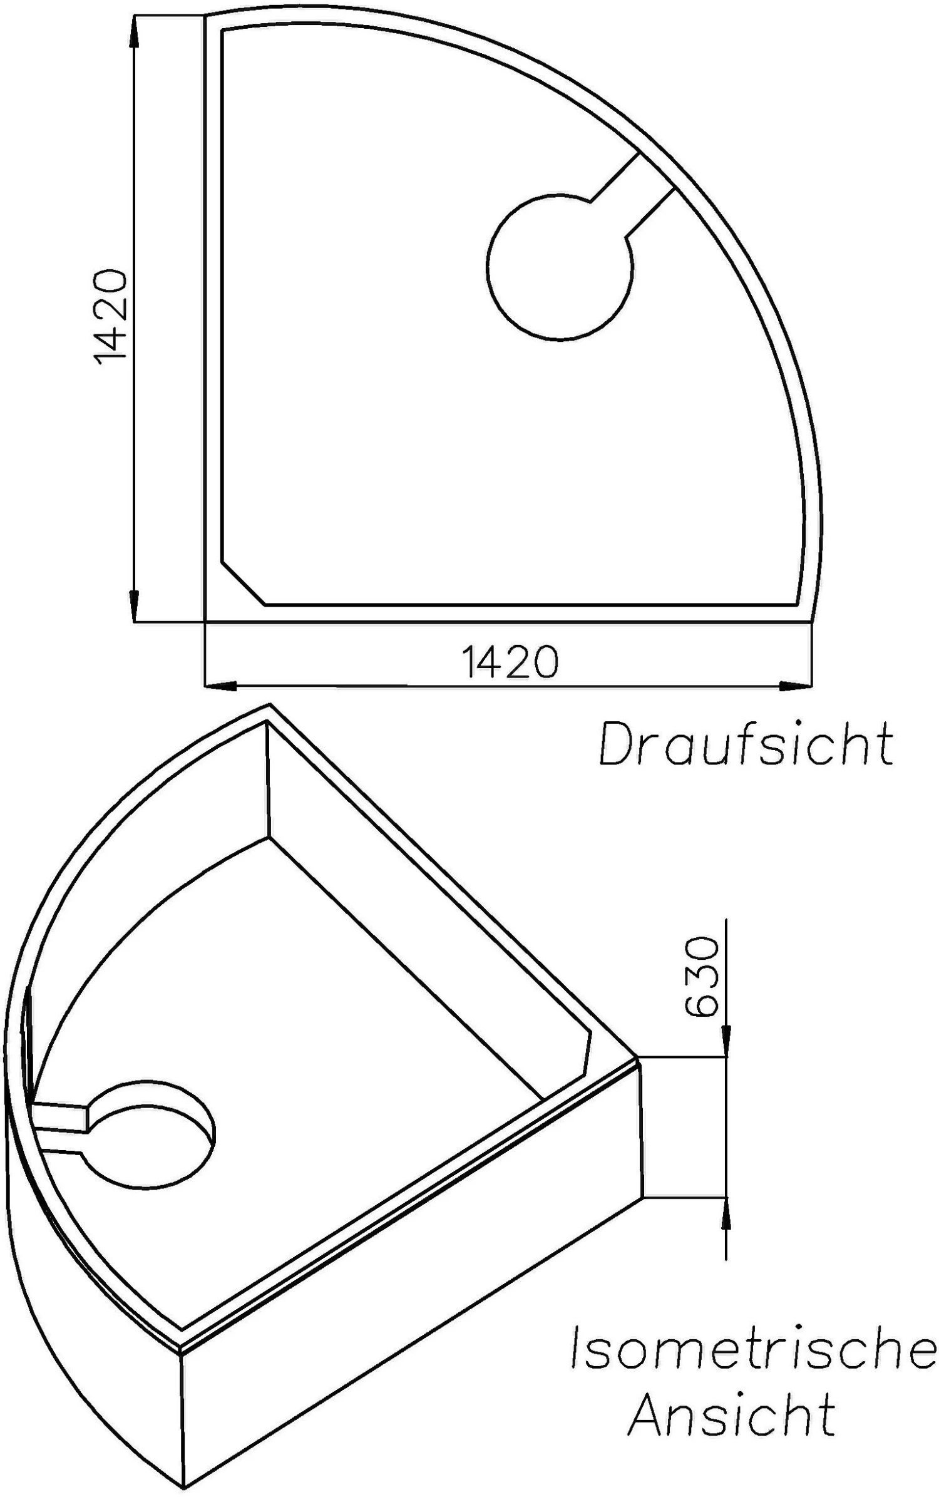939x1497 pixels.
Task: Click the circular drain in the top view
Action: pyautogui.click(x=559, y=268)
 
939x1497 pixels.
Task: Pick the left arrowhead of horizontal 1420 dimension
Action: pyautogui.click(x=222, y=686)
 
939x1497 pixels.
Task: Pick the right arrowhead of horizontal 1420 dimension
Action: pyautogui.click(x=795, y=686)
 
